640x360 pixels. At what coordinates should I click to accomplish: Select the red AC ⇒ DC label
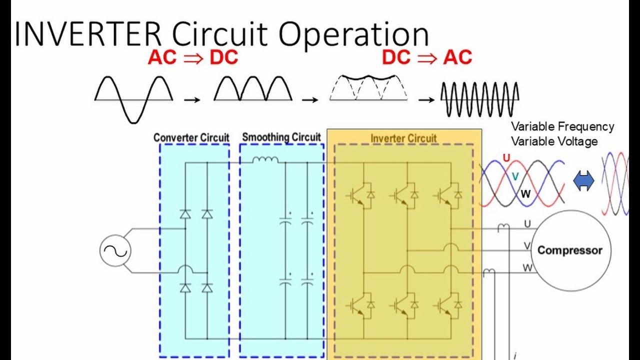click(192, 58)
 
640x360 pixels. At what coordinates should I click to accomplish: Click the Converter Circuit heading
click(191, 137)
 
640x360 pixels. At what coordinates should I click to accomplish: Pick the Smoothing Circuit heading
click(281, 137)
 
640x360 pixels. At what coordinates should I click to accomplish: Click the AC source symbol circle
click(115, 251)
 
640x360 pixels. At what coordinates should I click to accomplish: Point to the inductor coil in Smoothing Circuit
click(265, 160)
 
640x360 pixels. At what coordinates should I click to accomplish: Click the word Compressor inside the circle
click(569, 250)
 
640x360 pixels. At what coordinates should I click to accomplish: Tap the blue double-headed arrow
click(583, 180)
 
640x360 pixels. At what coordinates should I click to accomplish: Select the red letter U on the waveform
click(506, 158)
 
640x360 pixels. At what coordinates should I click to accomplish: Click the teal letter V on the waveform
click(515, 176)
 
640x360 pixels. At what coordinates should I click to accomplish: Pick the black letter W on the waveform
click(525, 194)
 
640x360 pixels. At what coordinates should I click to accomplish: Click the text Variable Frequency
click(562, 126)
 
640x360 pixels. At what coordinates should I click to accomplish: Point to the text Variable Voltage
click(554, 141)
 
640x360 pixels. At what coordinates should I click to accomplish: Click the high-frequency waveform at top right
click(479, 99)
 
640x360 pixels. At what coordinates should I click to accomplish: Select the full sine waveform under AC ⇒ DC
click(133, 99)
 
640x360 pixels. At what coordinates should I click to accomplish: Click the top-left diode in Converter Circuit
click(185, 214)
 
